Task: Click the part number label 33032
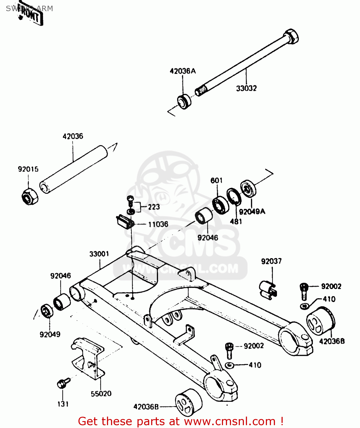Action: click(x=246, y=88)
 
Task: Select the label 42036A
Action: click(x=183, y=71)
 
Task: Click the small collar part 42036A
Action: click(x=184, y=101)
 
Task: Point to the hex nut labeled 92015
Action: click(x=30, y=196)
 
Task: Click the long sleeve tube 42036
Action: click(x=74, y=169)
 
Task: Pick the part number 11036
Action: click(x=158, y=224)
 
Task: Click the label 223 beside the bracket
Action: click(x=154, y=207)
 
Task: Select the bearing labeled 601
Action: click(x=221, y=205)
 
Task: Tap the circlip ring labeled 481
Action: click(x=234, y=196)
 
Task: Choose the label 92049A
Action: click(x=252, y=211)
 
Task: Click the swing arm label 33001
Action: click(x=99, y=254)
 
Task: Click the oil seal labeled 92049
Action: click(x=46, y=311)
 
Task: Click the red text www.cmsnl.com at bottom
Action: click(x=230, y=421)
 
